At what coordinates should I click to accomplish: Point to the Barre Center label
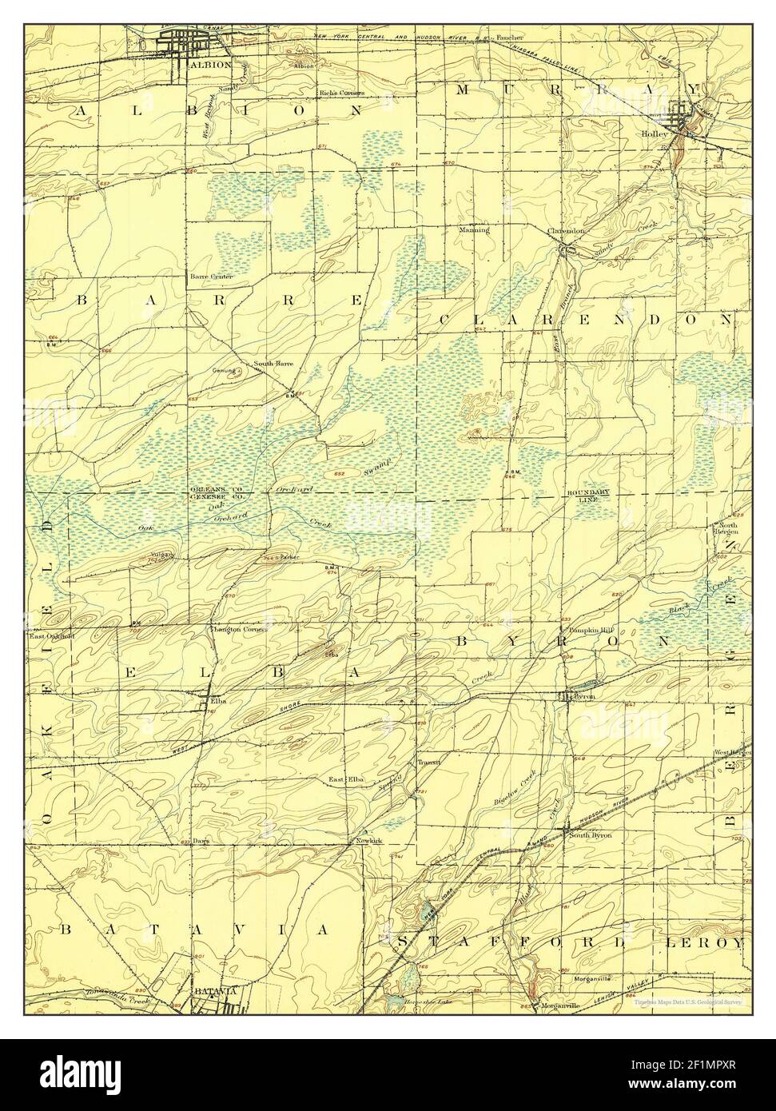[x=211, y=277]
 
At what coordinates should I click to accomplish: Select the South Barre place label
[x=273, y=364]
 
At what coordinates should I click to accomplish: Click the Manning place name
[x=474, y=230]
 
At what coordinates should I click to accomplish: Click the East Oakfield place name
[x=52, y=636]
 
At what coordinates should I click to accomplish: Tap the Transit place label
[x=429, y=763]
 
